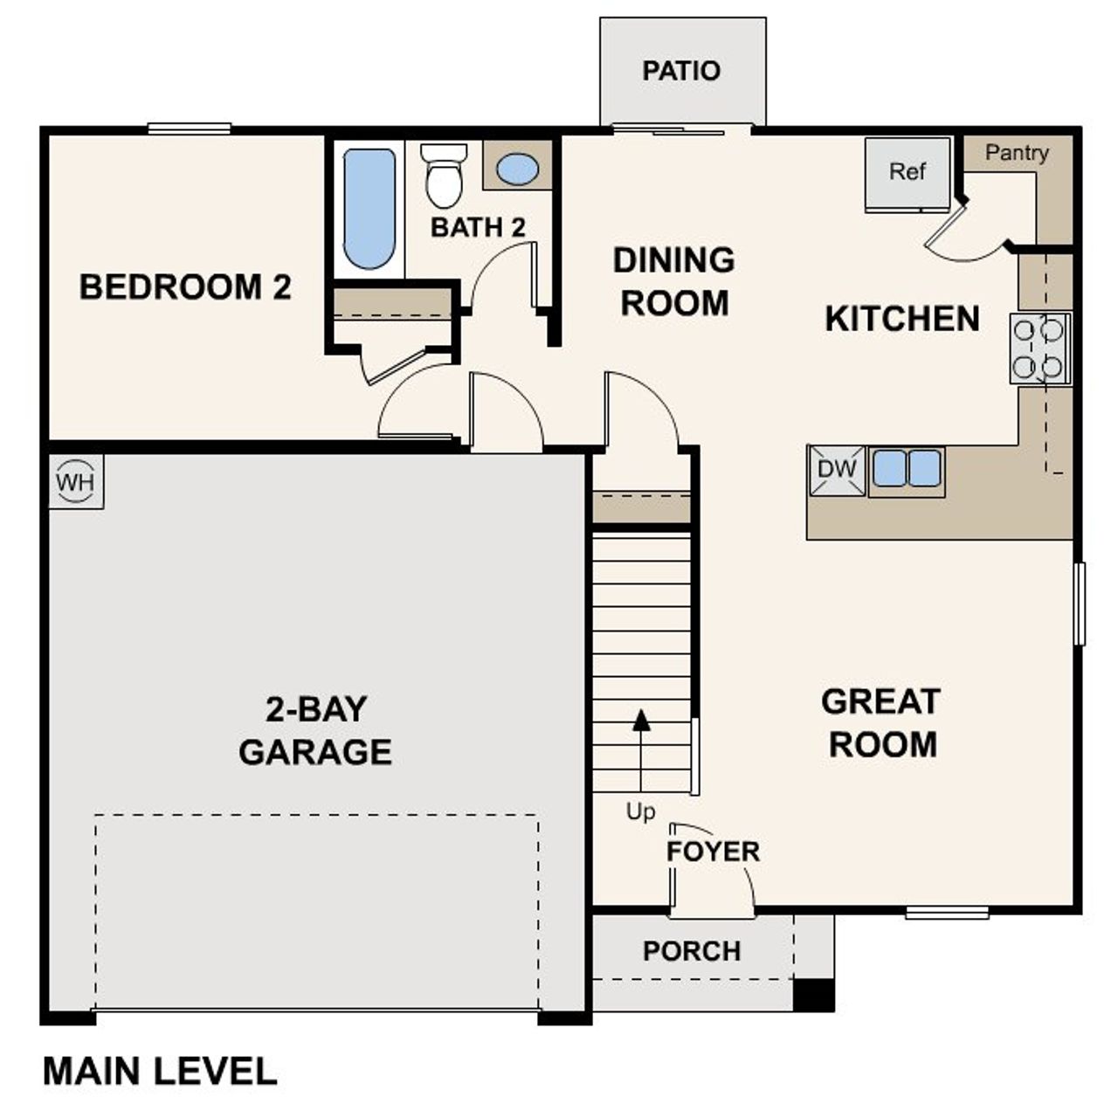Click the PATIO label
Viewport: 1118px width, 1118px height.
[681, 71]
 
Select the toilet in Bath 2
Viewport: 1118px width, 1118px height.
[444, 176]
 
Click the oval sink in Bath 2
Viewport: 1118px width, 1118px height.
[517, 169]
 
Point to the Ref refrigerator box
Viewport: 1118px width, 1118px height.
[908, 173]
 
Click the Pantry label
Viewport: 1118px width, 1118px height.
[1017, 153]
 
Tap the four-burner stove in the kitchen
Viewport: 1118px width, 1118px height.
[1040, 348]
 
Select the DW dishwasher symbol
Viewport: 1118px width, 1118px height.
[837, 470]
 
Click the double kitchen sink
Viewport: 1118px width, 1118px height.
[907, 468]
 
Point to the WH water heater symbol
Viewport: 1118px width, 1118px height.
[76, 481]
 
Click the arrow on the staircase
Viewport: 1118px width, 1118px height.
[642, 720]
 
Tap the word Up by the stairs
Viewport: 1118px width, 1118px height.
[640, 812]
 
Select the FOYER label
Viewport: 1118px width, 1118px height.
[713, 852]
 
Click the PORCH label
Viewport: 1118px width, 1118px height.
[692, 951]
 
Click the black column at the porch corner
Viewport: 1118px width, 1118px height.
[813, 995]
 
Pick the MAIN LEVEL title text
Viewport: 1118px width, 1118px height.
[160, 1072]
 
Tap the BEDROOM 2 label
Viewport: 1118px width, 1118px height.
[185, 287]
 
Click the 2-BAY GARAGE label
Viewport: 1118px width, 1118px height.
[315, 731]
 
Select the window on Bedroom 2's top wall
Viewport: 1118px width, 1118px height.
[190, 129]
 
